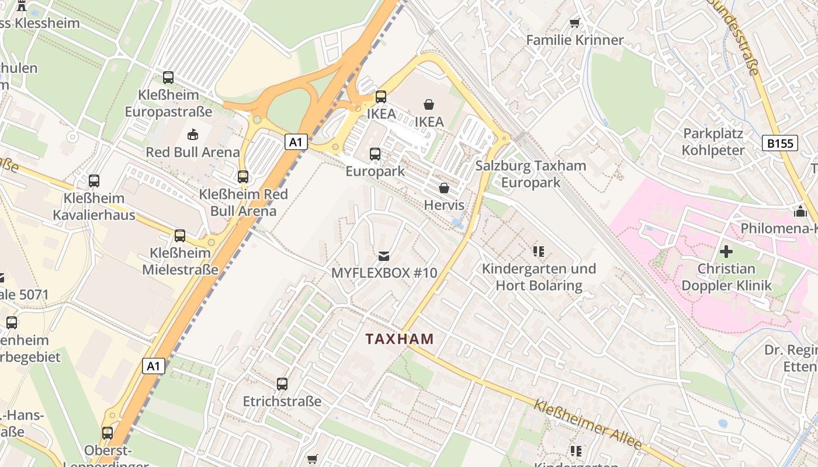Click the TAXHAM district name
tap(400, 339)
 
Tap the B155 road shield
tap(779, 143)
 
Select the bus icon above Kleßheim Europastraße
tap(168, 77)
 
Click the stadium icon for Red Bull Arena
tap(192, 135)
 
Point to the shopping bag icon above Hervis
tap(444, 188)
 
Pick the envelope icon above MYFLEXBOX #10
tap(384, 256)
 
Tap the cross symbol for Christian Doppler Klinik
tap(726, 252)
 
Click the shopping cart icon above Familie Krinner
tap(574, 23)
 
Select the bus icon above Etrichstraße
tap(282, 384)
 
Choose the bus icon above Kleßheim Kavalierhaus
tap(94, 181)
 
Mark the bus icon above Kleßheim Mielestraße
tap(180, 236)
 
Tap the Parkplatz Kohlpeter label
tap(713, 142)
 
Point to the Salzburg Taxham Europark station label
tap(531, 174)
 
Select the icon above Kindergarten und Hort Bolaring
tap(539, 252)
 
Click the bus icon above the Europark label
tap(375, 154)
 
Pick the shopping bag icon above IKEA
tap(429, 104)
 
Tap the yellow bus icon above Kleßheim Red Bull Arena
tap(243, 176)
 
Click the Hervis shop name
tap(444, 205)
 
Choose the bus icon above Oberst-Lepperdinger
tap(108, 433)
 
